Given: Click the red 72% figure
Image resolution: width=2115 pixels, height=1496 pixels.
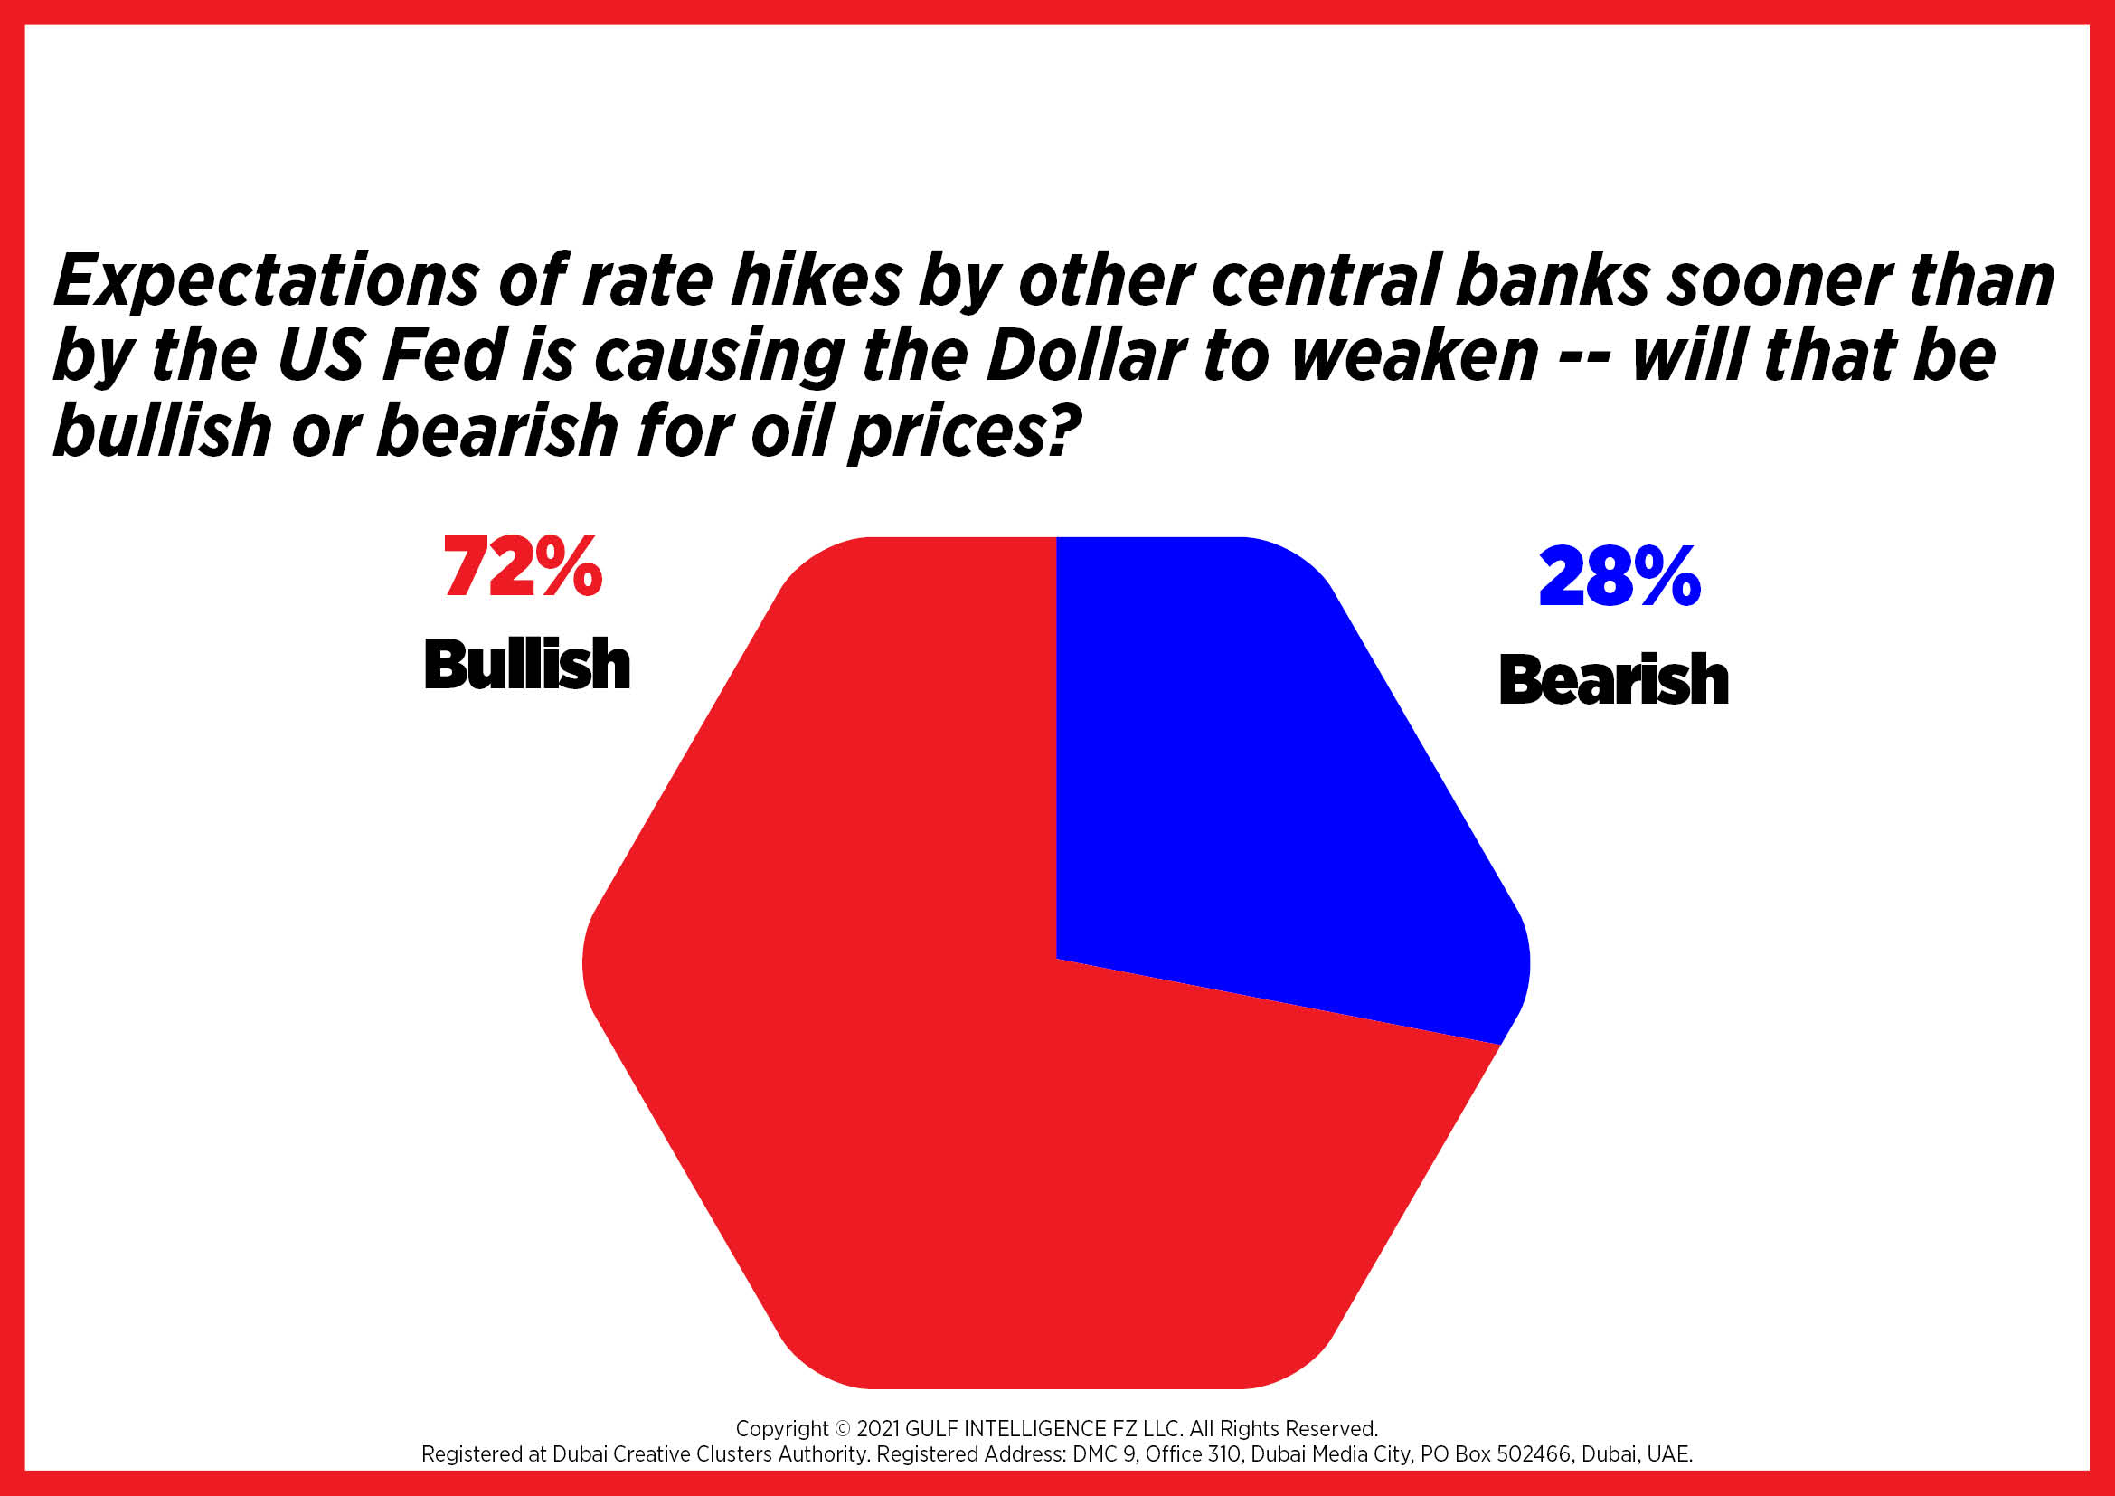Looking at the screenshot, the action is click(524, 565).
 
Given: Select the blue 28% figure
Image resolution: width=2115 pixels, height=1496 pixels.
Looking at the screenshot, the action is click(1619, 577).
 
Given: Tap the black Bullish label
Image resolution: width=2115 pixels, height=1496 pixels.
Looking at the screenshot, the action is click(527, 663).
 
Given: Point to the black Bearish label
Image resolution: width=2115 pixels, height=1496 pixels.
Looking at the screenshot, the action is click(1614, 679).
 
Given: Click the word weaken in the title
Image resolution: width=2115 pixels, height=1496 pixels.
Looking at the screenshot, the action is click(1414, 356).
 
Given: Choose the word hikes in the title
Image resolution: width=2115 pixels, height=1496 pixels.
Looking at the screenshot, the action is click(817, 280).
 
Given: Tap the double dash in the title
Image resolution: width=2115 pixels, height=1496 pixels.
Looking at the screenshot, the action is click(1584, 357).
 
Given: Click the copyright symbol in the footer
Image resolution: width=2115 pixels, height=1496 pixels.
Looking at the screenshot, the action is click(843, 1429).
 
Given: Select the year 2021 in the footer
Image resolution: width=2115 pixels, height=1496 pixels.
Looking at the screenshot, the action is click(878, 1429).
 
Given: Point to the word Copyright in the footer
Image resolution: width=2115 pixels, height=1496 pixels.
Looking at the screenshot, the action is click(782, 1430).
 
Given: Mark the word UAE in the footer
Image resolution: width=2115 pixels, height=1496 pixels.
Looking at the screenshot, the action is click(1672, 1454).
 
